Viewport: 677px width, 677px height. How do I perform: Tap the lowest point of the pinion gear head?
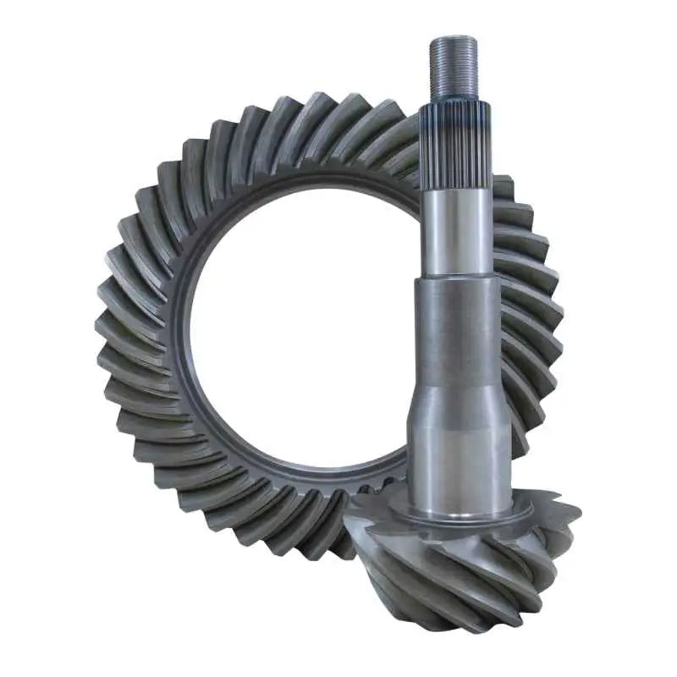click(x=474, y=630)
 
